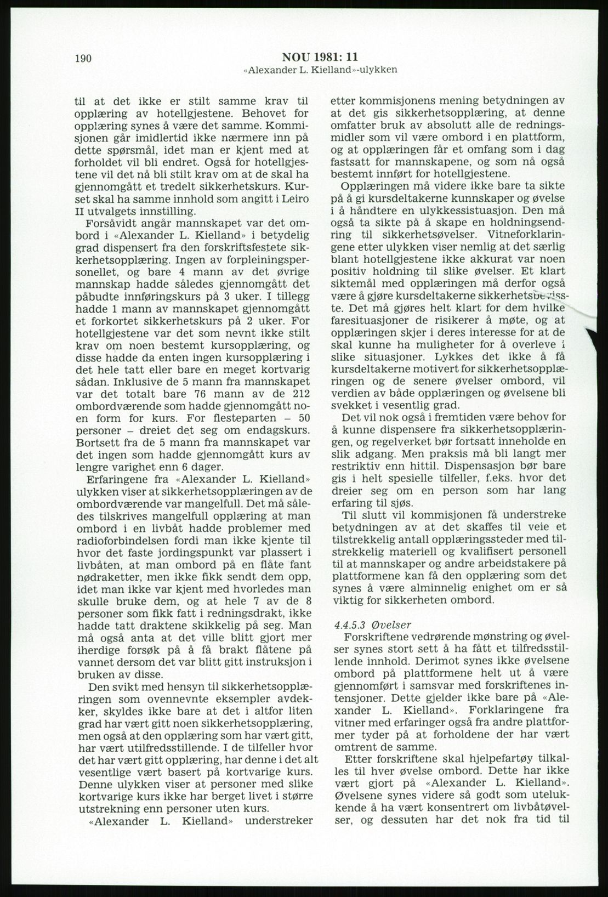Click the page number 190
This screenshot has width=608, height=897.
pyautogui.click(x=83, y=59)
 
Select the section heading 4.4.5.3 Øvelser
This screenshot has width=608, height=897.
pyautogui.click(x=377, y=624)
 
